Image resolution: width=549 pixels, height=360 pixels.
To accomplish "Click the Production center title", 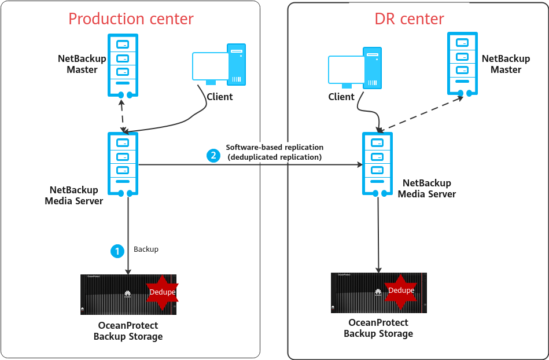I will (x=131, y=19).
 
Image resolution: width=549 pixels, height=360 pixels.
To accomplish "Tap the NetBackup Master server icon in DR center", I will (x=462, y=63).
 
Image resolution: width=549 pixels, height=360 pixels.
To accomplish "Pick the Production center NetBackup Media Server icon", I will (x=123, y=164).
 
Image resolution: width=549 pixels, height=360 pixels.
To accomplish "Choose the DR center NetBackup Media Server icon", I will (x=377, y=164).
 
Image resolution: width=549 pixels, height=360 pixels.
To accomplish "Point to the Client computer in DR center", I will (x=355, y=69).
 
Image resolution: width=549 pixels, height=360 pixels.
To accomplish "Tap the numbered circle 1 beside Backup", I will (x=117, y=251).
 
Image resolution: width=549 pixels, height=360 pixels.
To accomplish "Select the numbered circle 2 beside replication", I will (x=213, y=155).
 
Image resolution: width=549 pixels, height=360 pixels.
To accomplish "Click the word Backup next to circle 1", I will (x=146, y=249).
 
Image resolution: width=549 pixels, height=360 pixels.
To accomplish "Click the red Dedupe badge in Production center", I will (x=162, y=292).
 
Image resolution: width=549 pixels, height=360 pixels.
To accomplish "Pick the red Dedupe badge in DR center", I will (x=401, y=290).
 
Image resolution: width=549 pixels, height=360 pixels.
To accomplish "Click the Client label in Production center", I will (x=219, y=97).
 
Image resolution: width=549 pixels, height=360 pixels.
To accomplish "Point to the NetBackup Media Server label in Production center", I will (x=73, y=196).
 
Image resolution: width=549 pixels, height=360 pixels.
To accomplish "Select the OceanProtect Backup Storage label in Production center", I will (x=128, y=331).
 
